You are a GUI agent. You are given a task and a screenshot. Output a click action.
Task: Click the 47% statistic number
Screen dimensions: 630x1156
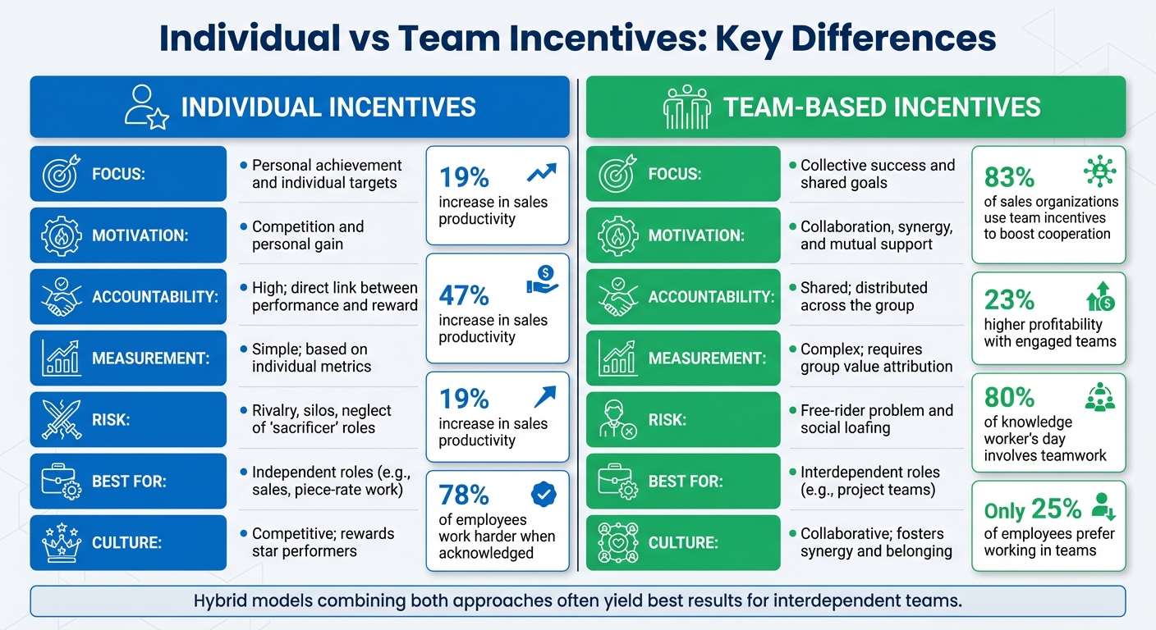(464, 295)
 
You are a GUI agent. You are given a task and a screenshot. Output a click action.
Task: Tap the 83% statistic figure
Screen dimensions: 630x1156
(1010, 177)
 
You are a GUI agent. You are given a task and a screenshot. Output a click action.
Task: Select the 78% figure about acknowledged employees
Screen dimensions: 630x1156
(464, 495)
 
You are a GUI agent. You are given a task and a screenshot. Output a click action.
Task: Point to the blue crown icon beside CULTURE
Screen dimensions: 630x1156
(61, 542)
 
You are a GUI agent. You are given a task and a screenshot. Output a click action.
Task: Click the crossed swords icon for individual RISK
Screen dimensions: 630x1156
(61, 419)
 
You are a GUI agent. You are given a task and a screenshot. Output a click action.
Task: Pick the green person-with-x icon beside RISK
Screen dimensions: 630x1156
(617, 419)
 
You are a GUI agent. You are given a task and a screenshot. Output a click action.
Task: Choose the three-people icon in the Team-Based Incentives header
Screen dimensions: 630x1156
(686, 107)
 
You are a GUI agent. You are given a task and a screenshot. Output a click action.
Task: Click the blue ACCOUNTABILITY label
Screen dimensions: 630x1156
(155, 297)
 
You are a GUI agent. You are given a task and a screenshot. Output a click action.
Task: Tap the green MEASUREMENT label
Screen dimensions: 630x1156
(707, 358)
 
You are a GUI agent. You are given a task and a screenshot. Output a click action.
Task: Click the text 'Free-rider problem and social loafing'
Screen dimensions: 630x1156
(876, 418)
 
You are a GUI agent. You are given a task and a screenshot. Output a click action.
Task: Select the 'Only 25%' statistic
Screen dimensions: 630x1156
(1033, 510)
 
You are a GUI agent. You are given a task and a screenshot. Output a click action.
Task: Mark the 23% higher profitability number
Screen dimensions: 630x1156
(1009, 299)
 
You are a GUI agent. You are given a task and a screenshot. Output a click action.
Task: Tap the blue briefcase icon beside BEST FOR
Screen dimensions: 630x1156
(61, 481)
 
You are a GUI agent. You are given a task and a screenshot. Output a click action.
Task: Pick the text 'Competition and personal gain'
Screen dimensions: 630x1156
(307, 235)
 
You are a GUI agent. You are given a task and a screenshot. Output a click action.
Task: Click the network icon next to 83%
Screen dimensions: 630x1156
(1099, 171)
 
